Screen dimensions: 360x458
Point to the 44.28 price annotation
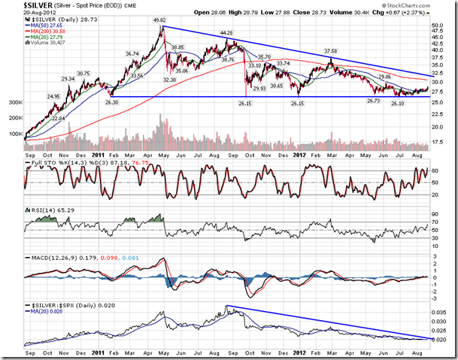(x=227, y=33)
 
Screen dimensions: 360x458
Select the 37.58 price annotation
(x=331, y=51)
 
